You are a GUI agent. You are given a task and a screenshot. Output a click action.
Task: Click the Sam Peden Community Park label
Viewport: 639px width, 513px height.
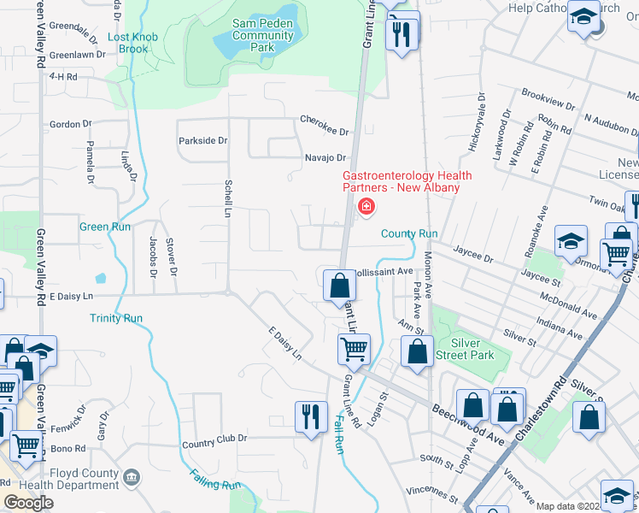pos(263,35)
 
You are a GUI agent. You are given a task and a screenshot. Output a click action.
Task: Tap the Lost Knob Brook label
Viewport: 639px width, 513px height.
pos(128,44)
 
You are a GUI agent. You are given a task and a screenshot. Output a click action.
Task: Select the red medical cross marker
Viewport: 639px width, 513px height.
pos(366,206)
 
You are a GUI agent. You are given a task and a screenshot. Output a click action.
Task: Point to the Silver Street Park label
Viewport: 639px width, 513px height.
pos(466,349)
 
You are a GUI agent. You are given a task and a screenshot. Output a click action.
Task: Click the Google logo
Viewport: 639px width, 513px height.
pos(28,503)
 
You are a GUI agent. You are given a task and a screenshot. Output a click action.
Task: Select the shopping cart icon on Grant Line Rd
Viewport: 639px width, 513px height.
pos(354,348)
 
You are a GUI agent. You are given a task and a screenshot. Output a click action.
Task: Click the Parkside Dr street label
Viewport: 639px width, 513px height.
pos(202,140)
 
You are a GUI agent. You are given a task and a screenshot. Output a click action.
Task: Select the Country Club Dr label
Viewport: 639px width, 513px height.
pos(214,439)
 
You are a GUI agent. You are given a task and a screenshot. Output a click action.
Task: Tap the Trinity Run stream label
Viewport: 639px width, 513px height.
pos(115,318)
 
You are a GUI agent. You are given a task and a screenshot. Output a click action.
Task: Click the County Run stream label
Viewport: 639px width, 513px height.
pos(409,233)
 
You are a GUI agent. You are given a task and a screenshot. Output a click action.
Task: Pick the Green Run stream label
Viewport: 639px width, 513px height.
pos(105,227)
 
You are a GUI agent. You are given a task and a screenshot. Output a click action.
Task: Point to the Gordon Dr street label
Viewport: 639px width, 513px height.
pos(65,124)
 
